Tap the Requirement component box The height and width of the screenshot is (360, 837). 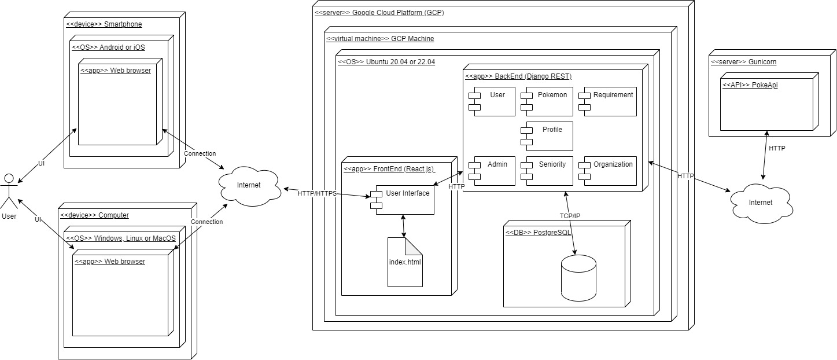point(610,101)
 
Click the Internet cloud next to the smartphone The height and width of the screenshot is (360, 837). point(249,185)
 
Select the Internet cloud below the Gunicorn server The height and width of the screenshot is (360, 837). point(760,201)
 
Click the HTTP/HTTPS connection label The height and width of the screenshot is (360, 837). point(317,193)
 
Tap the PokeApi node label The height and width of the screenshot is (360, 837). point(743,85)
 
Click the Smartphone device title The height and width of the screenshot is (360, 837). point(104,24)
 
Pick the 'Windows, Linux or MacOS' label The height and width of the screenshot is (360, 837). point(121,238)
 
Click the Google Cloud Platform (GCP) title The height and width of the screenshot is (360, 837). point(379,12)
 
